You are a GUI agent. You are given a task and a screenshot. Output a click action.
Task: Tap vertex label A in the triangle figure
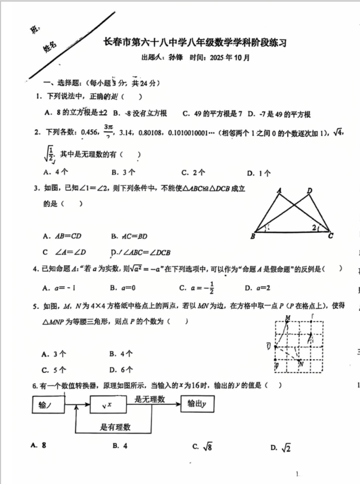point(279,190)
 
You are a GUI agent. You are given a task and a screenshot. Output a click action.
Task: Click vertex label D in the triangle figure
point(309,190)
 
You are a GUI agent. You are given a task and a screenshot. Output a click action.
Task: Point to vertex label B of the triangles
point(253,237)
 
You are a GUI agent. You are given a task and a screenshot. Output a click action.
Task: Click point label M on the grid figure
point(287,318)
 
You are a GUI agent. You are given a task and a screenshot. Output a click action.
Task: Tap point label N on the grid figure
point(300,364)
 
